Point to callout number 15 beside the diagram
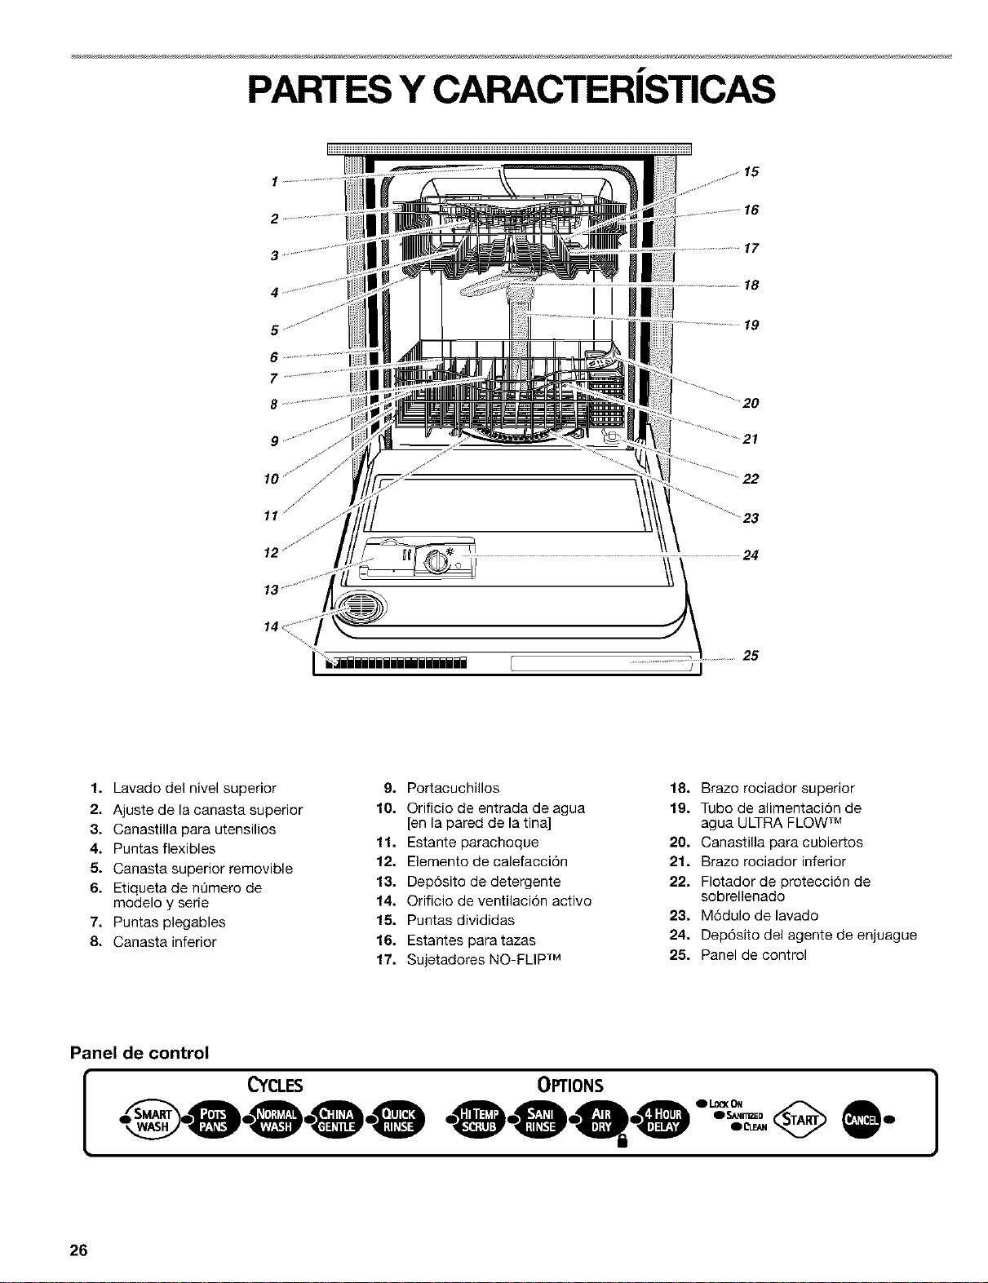[751, 172]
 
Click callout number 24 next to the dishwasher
[750, 555]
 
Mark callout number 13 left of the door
[271, 589]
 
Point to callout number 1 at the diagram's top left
[275, 182]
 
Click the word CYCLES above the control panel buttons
[275, 1085]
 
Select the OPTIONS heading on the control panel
[570, 1085]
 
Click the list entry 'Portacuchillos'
[453, 788]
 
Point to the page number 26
[78, 1250]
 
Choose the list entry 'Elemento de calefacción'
[487, 861]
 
